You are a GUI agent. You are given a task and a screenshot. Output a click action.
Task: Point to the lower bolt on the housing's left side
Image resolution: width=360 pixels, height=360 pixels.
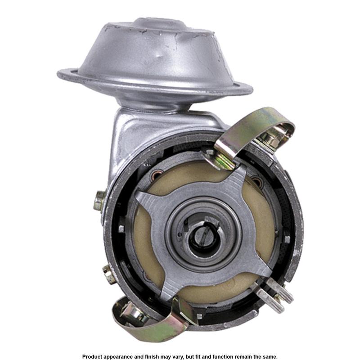pos(108,274)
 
